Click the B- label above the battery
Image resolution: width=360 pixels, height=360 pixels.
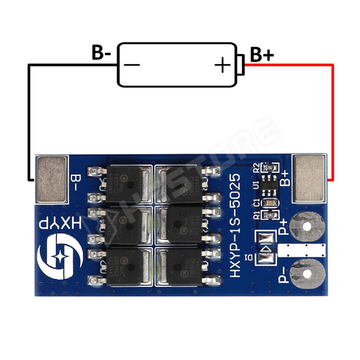click(101, 53)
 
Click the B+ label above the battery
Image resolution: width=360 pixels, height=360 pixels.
click(262, 55)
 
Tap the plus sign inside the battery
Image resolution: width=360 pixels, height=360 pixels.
click(223, 64)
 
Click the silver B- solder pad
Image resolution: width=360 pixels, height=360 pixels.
click(53, 178)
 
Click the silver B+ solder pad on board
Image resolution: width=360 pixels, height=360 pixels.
click(310, 178)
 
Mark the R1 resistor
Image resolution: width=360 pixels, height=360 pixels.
click(269, 214)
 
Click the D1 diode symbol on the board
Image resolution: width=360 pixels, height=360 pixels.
click(265, 248)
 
